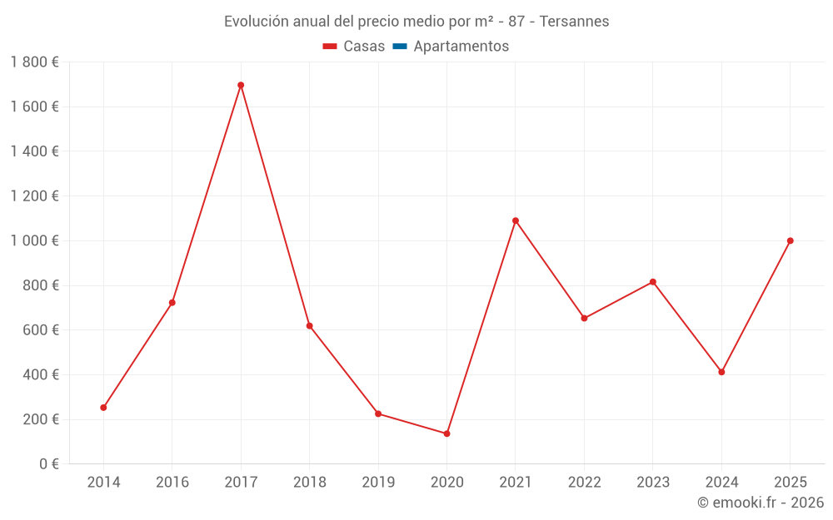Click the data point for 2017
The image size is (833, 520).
point(241,85)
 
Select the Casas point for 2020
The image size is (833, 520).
point(446,433)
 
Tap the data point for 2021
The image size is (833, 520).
point(516,220)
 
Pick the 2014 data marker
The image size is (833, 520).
point(103,408)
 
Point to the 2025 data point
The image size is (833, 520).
point(791,240)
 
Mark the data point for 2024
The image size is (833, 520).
point(721,372)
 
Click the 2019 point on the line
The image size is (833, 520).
point(378,414)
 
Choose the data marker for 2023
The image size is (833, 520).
point(653,282)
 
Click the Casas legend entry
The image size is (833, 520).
point(354,47)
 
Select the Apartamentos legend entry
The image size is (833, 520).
point(451,47)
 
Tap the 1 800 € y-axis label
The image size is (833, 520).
point(34,62)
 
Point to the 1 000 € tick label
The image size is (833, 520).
point(34,240)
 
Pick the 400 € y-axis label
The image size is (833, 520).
point(39,374)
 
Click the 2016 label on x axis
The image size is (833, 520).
point(172,483)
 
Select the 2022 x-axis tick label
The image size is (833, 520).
point(584,483)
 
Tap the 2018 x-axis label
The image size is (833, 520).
point(309,483)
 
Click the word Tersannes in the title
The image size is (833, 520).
point(574,21)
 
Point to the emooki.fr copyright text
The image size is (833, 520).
point(761,503)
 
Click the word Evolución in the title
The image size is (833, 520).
point(256,21)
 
